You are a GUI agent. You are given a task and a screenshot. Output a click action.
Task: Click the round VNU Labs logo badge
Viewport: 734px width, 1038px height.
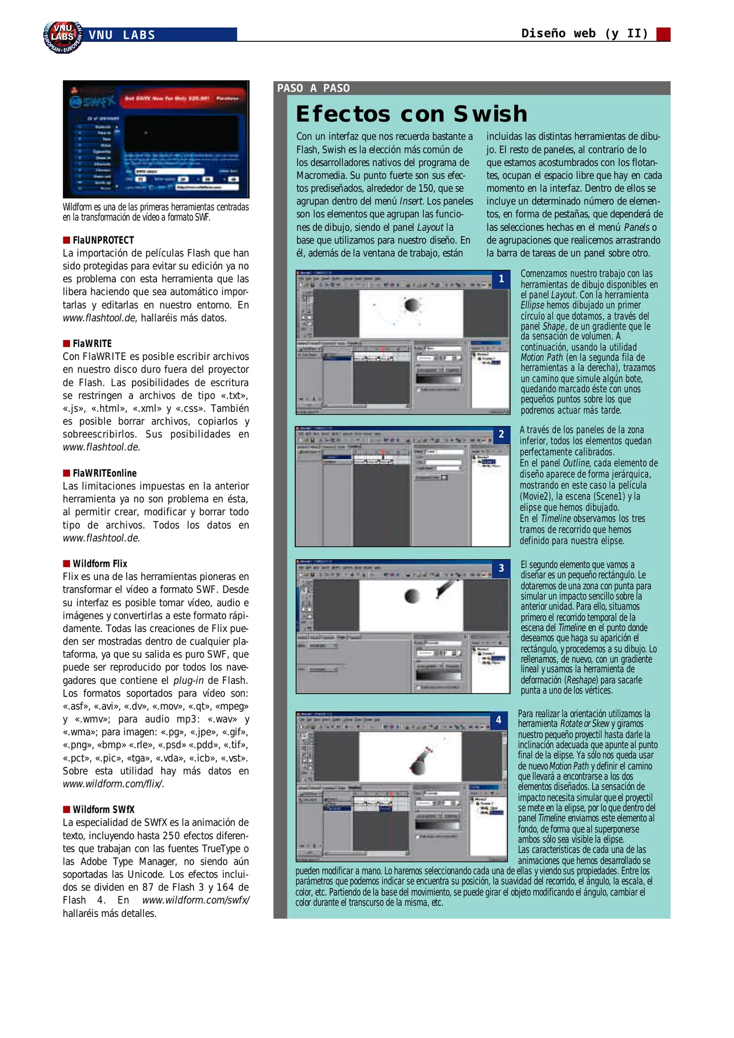pos(63,37)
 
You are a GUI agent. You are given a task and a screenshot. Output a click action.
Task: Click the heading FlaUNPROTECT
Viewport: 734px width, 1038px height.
pos(103,240)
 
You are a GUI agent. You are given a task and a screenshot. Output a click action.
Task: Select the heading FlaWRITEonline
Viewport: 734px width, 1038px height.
pos(105,473)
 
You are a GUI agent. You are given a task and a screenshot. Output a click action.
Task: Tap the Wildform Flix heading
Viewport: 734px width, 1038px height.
pos(100,564)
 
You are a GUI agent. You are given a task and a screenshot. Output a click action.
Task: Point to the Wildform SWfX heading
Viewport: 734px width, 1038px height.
pos(103,810)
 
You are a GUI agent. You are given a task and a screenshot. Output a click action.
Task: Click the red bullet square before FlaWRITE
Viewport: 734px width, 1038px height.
pos(66,344)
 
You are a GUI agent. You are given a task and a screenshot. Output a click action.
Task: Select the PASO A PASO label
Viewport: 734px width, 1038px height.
pos(313,88)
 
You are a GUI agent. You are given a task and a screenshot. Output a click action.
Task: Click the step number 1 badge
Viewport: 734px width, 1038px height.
pos(501,279)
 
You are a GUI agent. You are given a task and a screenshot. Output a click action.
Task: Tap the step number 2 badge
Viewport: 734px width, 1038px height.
pos(501,434)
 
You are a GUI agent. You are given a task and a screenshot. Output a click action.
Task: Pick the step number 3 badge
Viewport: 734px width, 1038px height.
pos(501,568)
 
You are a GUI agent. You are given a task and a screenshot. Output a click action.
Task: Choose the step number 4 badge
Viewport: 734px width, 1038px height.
pos(499,720)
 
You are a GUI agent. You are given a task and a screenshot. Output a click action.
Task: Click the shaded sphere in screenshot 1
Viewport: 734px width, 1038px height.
pos(412,305)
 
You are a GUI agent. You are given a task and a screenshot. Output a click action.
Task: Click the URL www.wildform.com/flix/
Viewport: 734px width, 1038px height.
pos(113,784)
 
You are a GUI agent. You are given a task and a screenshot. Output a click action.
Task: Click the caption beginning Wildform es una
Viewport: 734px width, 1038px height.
pos(156,212)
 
